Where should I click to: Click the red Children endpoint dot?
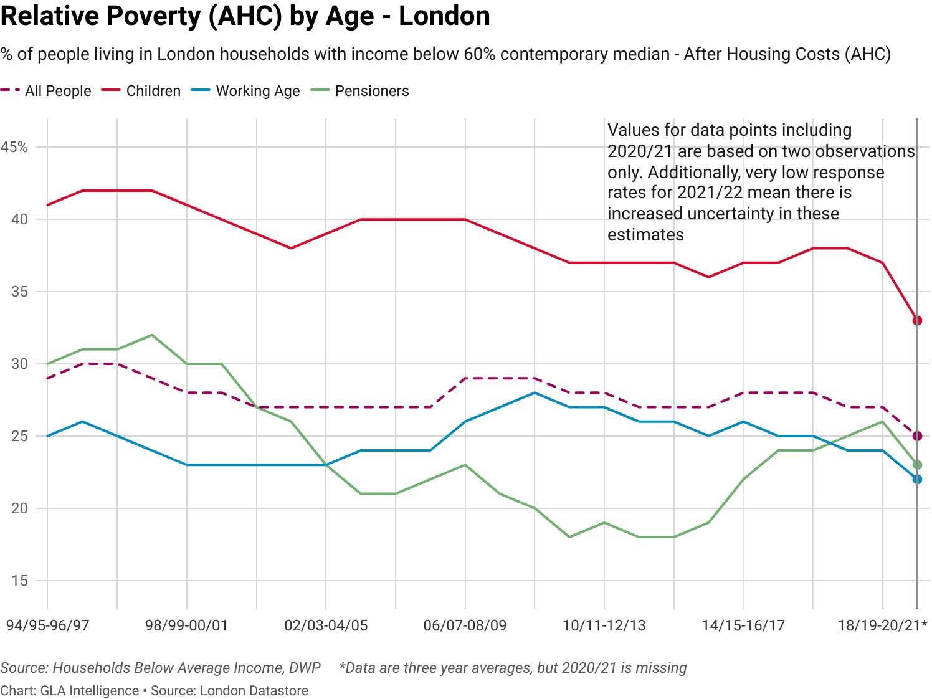(917, 320)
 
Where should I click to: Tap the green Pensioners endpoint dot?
(917, 465)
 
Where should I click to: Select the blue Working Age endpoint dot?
(917, 479)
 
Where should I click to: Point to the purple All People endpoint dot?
(917, 435)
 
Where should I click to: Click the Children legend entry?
(153, 91)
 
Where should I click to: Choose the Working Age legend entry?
(257, 91)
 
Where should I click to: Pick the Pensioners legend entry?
(371, 91)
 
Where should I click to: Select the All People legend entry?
(57, 91)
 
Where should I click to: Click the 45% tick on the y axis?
(14, 147)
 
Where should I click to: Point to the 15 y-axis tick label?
(19, 581)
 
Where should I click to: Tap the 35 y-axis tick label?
(19, 292)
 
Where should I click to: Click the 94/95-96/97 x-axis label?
(48, 625)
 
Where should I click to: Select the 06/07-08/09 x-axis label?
(465, 625)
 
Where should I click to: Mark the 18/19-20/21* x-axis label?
(882, 625)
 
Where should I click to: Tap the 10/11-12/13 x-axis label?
(604, 625)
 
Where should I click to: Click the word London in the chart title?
(444, 16)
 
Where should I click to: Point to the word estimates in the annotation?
(645, 234)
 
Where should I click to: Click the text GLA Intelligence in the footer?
(90, 690)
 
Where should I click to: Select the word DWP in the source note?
(305, 668)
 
